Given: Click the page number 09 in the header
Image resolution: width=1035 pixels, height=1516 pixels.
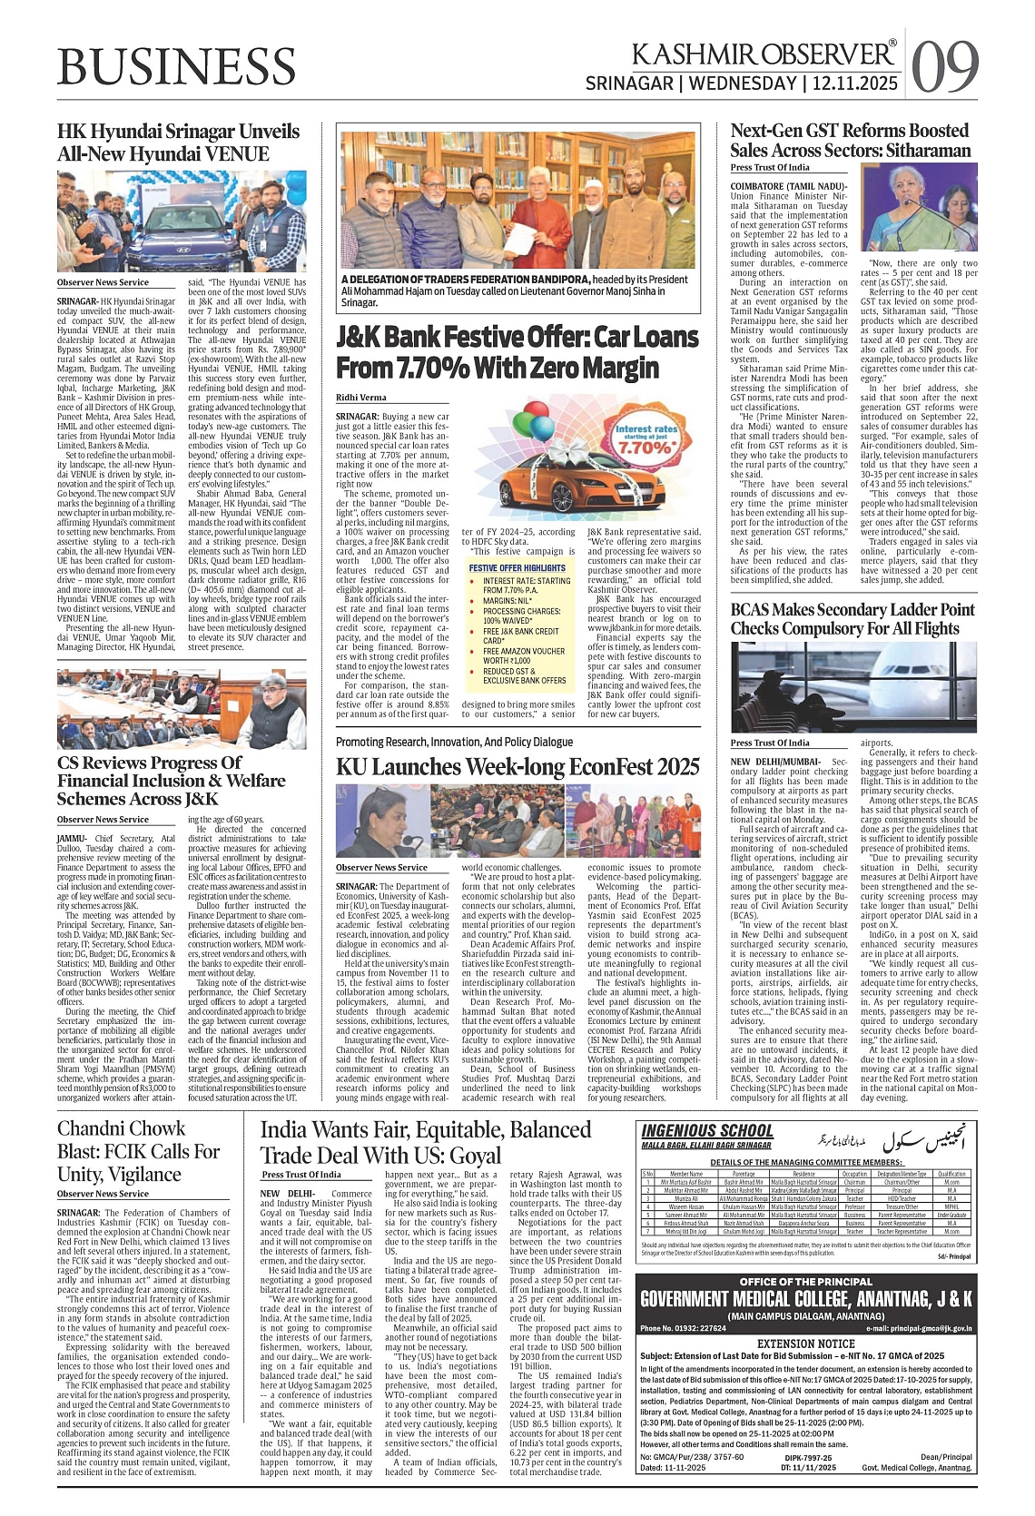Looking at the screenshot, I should pos(945,65).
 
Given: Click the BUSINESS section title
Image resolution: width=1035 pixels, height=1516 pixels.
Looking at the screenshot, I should pos(176,65).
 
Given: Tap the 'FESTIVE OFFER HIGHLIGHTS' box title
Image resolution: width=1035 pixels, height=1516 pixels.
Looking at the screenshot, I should pos(517,568).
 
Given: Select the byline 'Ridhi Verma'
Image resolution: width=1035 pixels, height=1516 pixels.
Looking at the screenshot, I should pos(360,398).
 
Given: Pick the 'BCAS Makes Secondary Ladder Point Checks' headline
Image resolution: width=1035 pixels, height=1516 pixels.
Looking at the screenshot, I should pos(852,619).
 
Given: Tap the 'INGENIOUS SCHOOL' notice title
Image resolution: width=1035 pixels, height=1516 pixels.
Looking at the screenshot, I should pos(707,1130).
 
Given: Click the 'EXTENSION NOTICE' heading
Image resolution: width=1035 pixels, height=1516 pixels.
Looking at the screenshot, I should pos(806,1343).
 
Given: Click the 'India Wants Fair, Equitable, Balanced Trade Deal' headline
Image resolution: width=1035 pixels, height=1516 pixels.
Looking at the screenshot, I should pos(425,1142).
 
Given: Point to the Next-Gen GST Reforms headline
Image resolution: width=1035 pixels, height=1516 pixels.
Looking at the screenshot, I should pos(850,141).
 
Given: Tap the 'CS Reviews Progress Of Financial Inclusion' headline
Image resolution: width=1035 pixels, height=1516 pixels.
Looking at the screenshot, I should pos(171,781).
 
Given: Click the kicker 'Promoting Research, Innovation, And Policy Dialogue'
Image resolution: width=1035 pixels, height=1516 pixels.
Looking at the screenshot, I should pos(454,742).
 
